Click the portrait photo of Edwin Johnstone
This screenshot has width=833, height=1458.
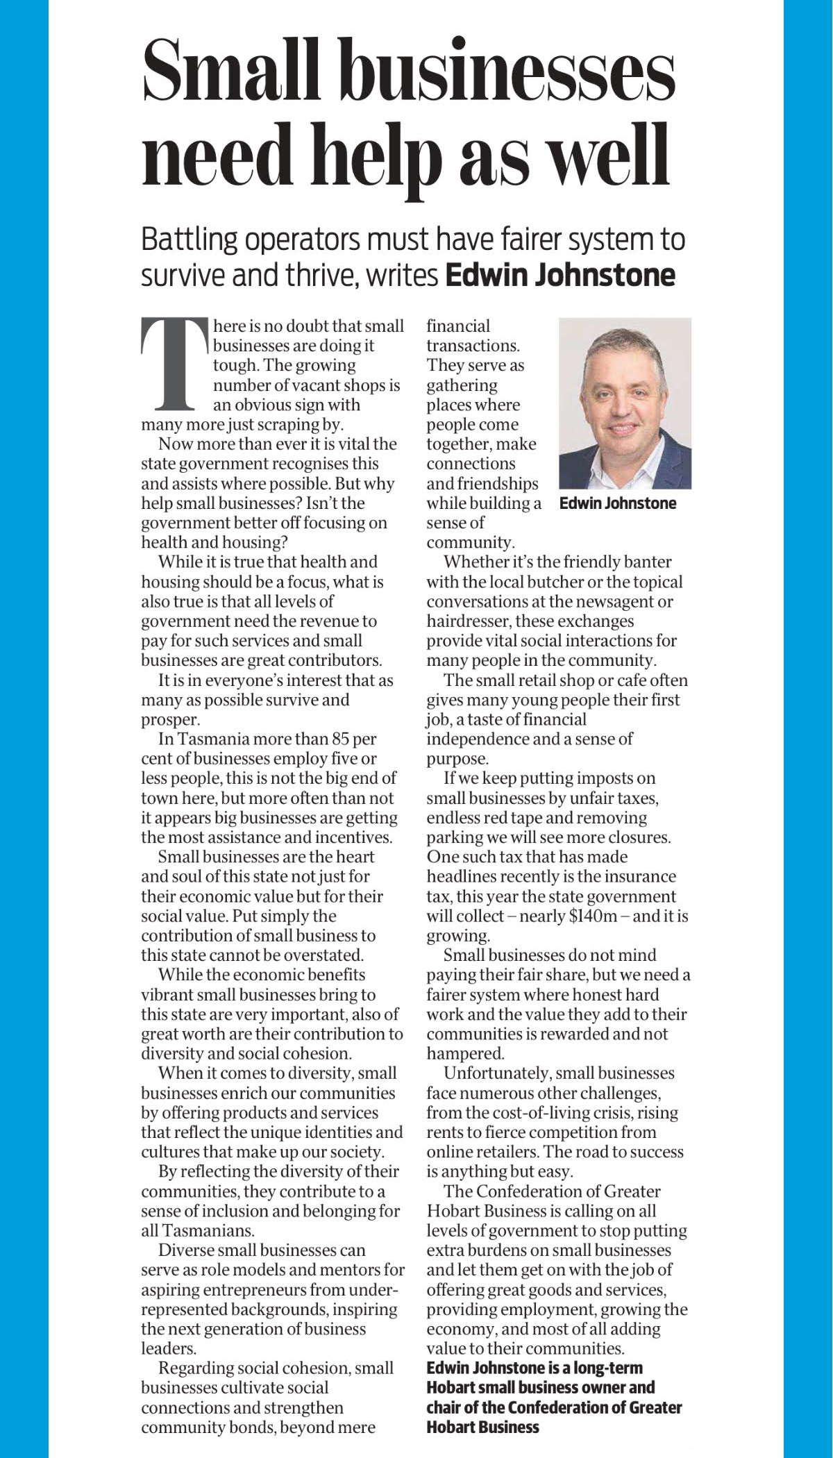(625, 403)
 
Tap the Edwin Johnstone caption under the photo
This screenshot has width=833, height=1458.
(617, 503)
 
